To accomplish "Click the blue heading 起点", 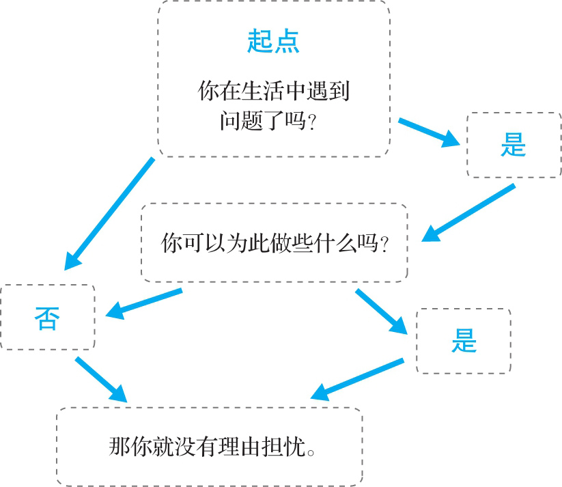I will [273, 42].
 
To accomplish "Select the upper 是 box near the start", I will [513, 145].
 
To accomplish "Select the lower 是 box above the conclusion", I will [463, 341].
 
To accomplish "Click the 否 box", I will [46, 318].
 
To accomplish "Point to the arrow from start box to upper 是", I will [429, 133].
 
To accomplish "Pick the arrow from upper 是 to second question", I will [468, 212].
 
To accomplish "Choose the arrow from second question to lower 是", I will [382, 311].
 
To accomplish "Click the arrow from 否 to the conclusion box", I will [100, 379].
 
